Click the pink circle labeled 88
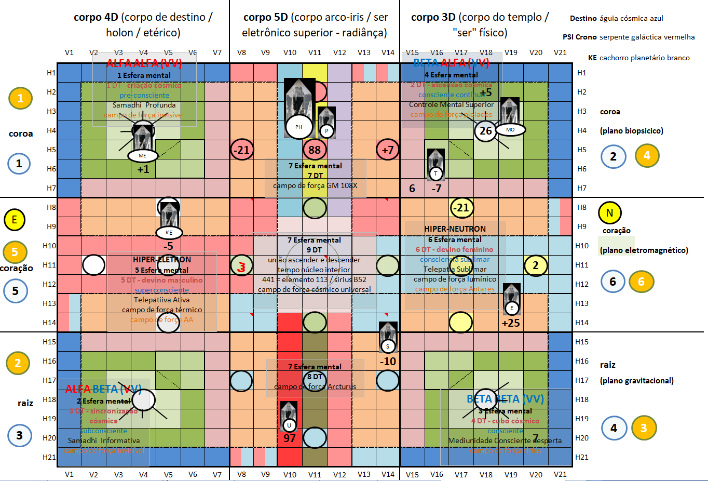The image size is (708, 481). coord(315,150)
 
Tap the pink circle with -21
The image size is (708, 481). coord(241,150)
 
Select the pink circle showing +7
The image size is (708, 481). coord(387,150)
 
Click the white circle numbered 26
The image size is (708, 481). coord(486,131)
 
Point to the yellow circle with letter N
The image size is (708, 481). coord(609,212)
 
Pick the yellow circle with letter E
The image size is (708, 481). coord(15,220)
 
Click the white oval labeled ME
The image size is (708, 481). coord(142,155)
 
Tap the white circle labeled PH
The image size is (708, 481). coord(299,127)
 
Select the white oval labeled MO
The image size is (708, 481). coord(510,129)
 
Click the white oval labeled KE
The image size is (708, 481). coord(169,233)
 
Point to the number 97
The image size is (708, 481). coord(290,438)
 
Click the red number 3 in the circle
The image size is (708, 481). coord(241,267)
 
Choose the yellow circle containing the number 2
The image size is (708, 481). coord(536,265)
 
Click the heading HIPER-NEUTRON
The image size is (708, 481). coord(455,229)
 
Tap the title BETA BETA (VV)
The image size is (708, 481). coord(505,399)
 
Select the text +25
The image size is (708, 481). coord(511,323)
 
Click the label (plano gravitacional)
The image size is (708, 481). coord(637,381)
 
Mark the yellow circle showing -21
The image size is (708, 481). coord(461,208)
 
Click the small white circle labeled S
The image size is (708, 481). coord(388,346)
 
